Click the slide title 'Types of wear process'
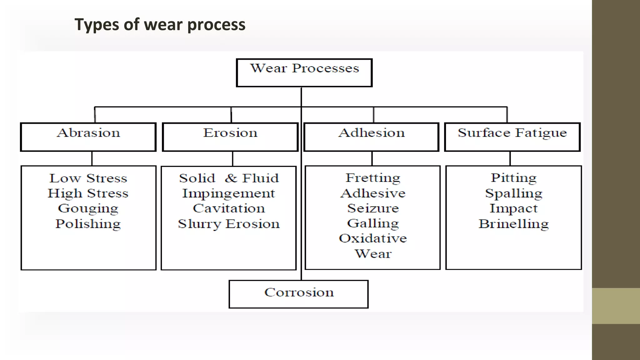click(x=160, y=24)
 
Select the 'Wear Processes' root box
click(x=304, y=72)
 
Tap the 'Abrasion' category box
click(x=88, y=137)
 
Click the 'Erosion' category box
click(x=230, y=137)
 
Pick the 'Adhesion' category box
click(x=371, y=137)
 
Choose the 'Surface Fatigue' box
click(x=512, y=137)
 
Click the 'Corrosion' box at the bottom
click(x=299, y=294)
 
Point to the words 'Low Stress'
click(x=88, y=178)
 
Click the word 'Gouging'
click(x=88, y=208)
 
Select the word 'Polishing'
click(x=88, y=224)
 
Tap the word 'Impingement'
click(x=228, y=193)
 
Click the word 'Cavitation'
click(x=228, y=208)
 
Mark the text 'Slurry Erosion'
click(x=228, y=224)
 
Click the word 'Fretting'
click(x=373, y=178)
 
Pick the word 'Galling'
click(x=373, y=223)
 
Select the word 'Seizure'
click(x=373, y=208)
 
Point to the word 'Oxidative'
click(x=373, y=238)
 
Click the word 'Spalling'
click(x=513, y=193)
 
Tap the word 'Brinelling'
click(x=513, y=224)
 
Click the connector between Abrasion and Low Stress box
click(x=92, y=158)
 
